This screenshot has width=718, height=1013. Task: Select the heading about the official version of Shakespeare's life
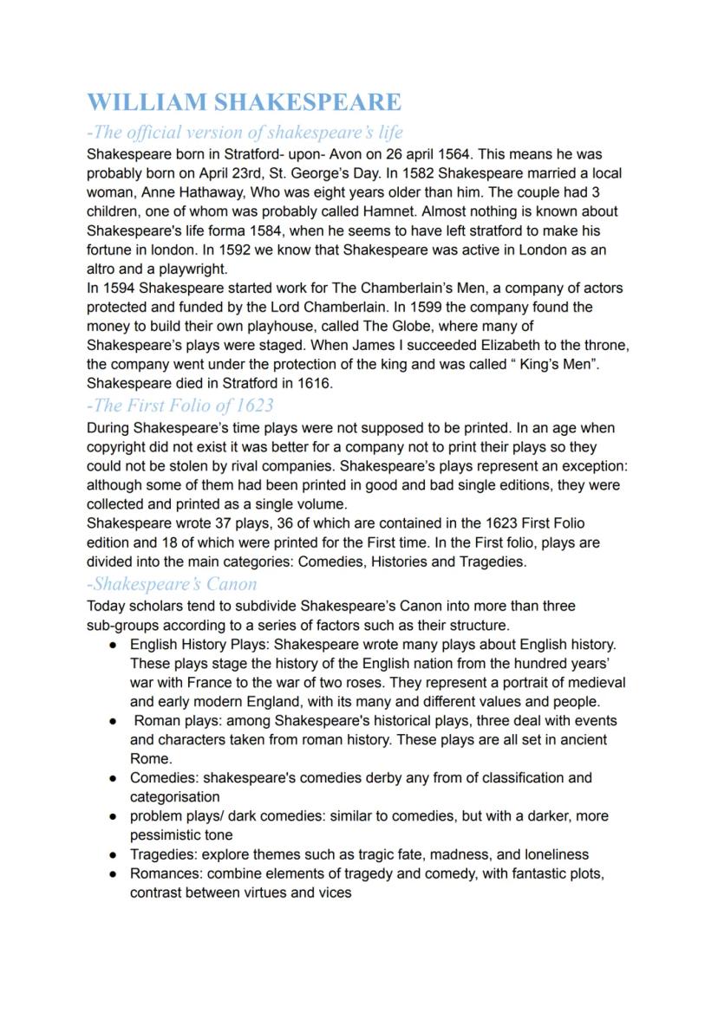pos(245,133)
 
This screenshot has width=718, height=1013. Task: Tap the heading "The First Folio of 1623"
pos(180,405)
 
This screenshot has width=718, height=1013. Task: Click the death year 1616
pos(313,383)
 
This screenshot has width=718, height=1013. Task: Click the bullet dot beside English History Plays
pos(114,645)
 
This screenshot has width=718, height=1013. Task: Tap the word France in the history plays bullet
pos(190,683)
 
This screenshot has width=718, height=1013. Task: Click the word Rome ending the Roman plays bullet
pos(151,758)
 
